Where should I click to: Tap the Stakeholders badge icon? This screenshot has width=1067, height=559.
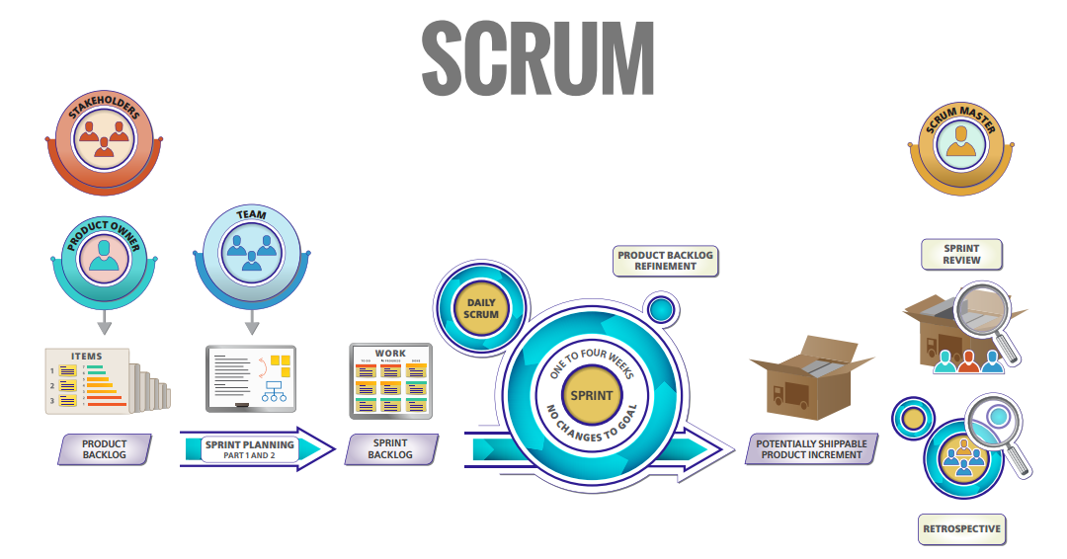[104, 139]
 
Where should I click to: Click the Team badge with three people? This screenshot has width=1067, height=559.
[252, 247]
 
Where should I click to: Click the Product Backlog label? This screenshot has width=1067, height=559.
[105, 449]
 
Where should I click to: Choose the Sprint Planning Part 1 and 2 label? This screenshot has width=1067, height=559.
[253, 449]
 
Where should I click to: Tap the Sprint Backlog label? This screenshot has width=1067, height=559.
[390, 449]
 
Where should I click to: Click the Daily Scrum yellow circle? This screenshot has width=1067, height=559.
[482, 307]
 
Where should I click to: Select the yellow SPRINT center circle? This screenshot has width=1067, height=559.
[592, 395]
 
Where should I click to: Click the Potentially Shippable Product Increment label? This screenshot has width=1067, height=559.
[811, 449]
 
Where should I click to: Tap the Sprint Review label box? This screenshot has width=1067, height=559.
[961, 254]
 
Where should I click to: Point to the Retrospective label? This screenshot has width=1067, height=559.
[961, 528]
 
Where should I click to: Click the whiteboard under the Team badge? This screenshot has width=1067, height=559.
[251, 377]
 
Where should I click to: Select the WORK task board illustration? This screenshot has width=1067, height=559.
[390, 380]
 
